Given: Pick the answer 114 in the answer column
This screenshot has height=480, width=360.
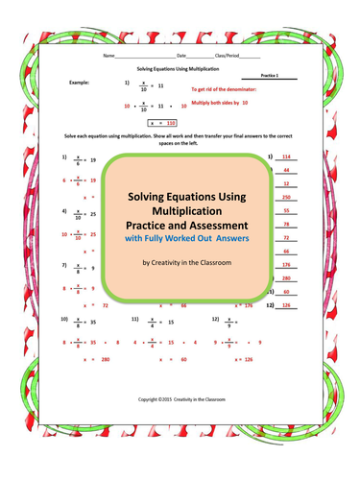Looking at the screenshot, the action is click(285, 156).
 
